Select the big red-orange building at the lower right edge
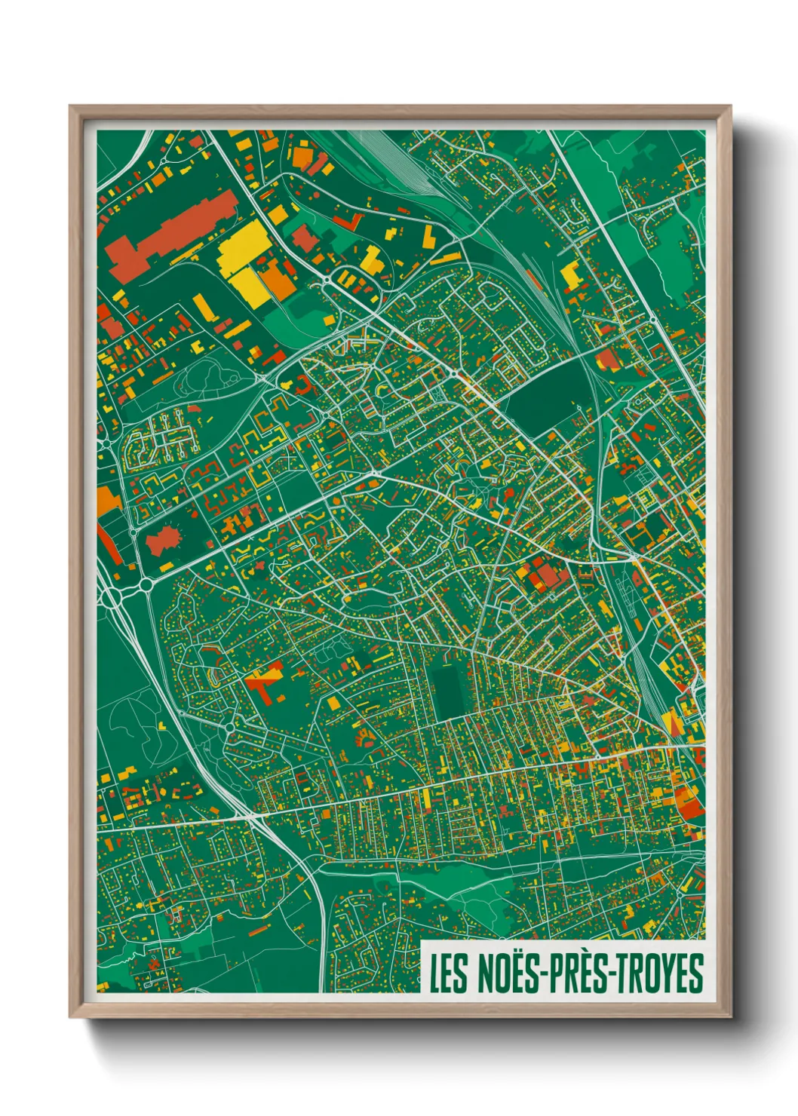click(689, 802)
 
